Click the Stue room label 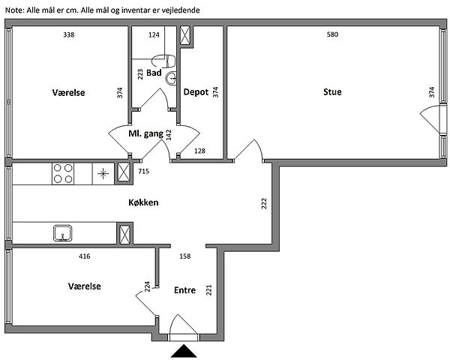[x=332, y=92]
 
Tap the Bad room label [x=154, y=73]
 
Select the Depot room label [x=197, y=92]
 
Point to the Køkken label [x=142, y=202]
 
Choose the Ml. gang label [x=145, y=134]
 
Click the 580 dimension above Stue [x=332, y=34]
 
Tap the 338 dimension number [x=68, y=34]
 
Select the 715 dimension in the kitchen [x=145, y=172]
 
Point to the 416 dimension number [x=85, y=256]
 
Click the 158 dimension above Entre [x=185, y=256]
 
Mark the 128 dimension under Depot [x=200, y=151]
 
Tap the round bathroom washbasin [x=171, y=76]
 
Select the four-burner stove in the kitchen [x=62, y=174]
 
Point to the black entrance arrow [x=184, y=352]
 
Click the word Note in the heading [x=14, y=8]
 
